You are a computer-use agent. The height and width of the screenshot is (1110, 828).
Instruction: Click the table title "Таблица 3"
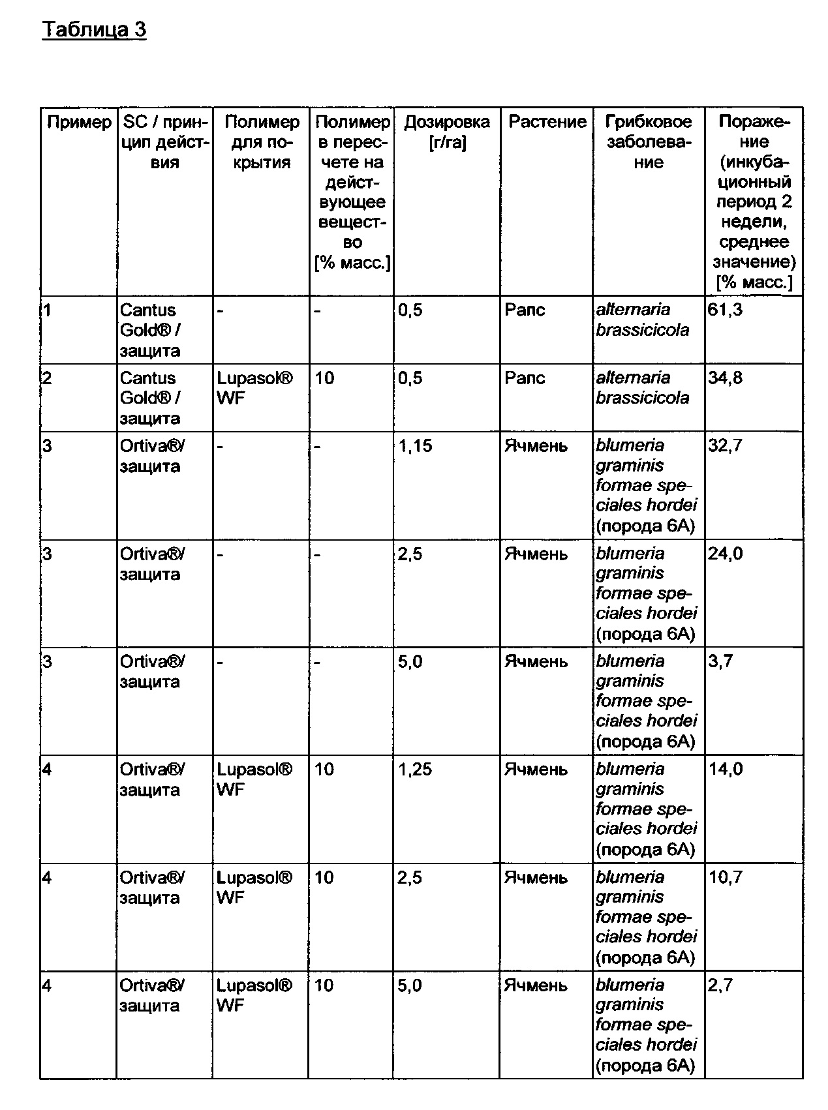(x=94, y=30)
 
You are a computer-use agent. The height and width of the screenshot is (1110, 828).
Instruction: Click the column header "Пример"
(x=79, y=122)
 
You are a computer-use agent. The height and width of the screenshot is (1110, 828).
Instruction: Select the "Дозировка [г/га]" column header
(x=447, y=132)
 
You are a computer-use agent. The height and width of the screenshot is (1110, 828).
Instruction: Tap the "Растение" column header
(x=547, y=122)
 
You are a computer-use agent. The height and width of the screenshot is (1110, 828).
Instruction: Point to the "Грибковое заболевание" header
(x=648, y=142)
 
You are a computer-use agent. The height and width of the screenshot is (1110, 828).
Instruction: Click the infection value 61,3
(x=725, y=310)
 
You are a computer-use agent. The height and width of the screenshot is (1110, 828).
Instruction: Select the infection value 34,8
(x=725, y=378)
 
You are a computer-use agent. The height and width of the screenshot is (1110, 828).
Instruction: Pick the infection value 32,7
(x=725, y=445)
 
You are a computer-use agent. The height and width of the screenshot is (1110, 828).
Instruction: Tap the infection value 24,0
(x=725, y=554)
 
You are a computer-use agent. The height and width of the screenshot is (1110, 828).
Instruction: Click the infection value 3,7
(x=720, y=661)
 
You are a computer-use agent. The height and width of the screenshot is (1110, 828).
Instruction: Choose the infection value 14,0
(x=726, y=770)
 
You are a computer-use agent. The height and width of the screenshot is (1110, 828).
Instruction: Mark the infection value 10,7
(x=726, y=877)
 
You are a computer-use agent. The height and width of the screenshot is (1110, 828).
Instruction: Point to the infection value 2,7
(x=720, y=985)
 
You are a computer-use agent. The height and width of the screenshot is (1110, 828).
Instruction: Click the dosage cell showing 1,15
(x=415, y=446)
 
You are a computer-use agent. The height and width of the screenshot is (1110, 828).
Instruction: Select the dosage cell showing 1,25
(x=415, y=770)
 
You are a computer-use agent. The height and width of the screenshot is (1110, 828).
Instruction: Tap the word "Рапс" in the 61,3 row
(x=525, y=310)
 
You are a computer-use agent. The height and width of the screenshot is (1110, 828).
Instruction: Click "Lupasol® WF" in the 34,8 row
(x=254, y=387)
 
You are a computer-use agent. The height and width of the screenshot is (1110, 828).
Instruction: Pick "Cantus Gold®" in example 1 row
(x=148, y=320)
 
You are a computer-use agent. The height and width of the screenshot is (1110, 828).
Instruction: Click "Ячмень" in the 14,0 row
(x=536, y=770)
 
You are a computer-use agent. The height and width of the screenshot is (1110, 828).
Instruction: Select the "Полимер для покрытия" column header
(x=261, y=142)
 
